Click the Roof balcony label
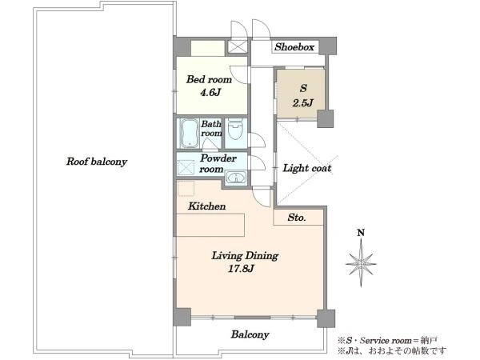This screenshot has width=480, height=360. (97, 162)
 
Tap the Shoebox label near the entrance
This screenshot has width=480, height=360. (294, 47)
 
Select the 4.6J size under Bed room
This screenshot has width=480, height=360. (210, 92)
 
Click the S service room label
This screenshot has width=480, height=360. (303, 88)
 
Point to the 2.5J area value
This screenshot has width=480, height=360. (302, 102)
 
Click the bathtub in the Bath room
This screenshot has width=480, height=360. (189, 134)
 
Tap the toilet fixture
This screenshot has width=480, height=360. (236, 130)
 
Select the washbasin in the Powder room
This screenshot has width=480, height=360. (236, 178)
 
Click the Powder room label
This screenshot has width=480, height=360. (218, 164)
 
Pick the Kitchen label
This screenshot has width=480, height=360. (207, 206)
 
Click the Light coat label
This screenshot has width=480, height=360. (307, 168)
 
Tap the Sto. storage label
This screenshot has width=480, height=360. (297, 218)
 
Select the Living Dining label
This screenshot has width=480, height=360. (245, 256)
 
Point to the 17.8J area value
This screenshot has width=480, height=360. (242, 269)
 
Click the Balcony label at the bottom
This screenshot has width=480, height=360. (250, 334)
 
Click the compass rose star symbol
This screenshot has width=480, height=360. (362, 263)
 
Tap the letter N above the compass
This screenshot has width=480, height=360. (362, 233)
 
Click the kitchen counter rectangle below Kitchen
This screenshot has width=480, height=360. (210, 225)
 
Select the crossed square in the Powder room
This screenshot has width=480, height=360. (186, 167)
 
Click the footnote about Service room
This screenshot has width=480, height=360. (387, 340)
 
